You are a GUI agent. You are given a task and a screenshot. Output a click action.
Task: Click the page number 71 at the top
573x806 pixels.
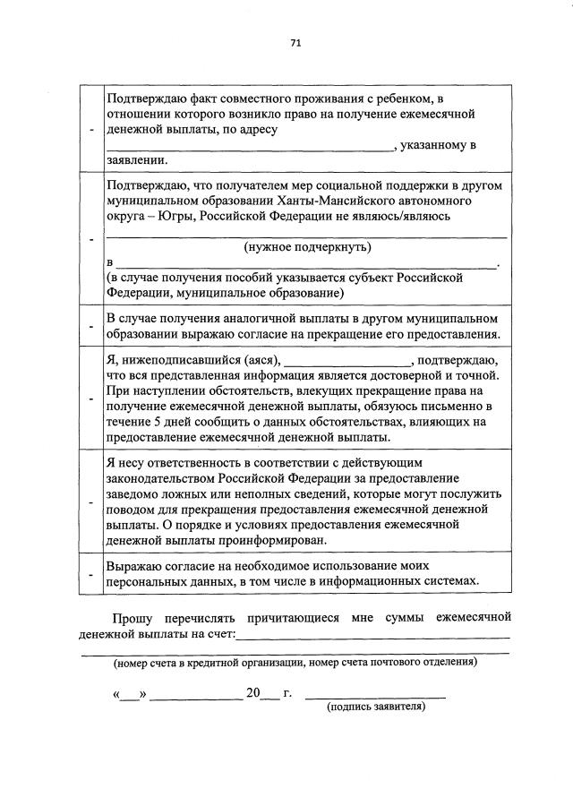tap(295, 42)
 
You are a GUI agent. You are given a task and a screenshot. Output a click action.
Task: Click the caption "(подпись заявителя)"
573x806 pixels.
tap(376, 707)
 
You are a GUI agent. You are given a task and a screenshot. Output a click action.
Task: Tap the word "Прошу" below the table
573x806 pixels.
tap(132, 619)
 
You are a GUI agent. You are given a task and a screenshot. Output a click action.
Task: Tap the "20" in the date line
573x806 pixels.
tap(252, 692)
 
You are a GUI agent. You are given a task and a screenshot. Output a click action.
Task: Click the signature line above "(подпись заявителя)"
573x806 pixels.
tap(375, 694)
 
